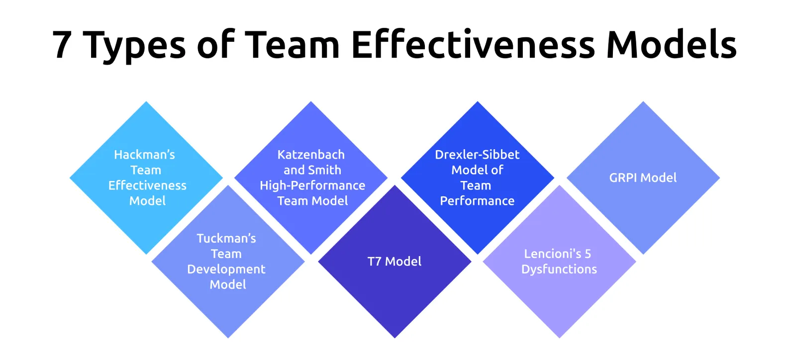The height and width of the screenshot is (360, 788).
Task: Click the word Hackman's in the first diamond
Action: tap(144, 155)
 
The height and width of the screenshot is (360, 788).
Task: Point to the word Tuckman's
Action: tap(226, 239)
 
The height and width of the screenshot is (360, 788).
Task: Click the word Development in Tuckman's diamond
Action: tap(226, 270)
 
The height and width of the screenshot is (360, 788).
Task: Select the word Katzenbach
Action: tap(311, 155)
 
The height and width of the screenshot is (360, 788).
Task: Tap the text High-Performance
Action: tap(312, 186)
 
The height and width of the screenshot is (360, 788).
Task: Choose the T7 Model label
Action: tap(394, 262)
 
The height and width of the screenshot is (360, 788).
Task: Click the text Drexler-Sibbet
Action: tap(477, 155)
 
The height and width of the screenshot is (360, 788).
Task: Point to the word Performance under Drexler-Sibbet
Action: tap(477, 201)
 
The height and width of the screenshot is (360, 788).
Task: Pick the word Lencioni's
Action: tap(552, 254)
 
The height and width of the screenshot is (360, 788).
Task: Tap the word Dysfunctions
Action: tap(559, 270)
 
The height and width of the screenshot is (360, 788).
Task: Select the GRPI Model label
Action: tap(643, 178)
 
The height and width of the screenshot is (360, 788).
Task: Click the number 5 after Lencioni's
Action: tap(588, 254)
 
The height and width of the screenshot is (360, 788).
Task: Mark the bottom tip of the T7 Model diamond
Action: tap(394, 337)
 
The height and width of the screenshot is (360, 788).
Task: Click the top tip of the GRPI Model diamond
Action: tap(643, 103)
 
